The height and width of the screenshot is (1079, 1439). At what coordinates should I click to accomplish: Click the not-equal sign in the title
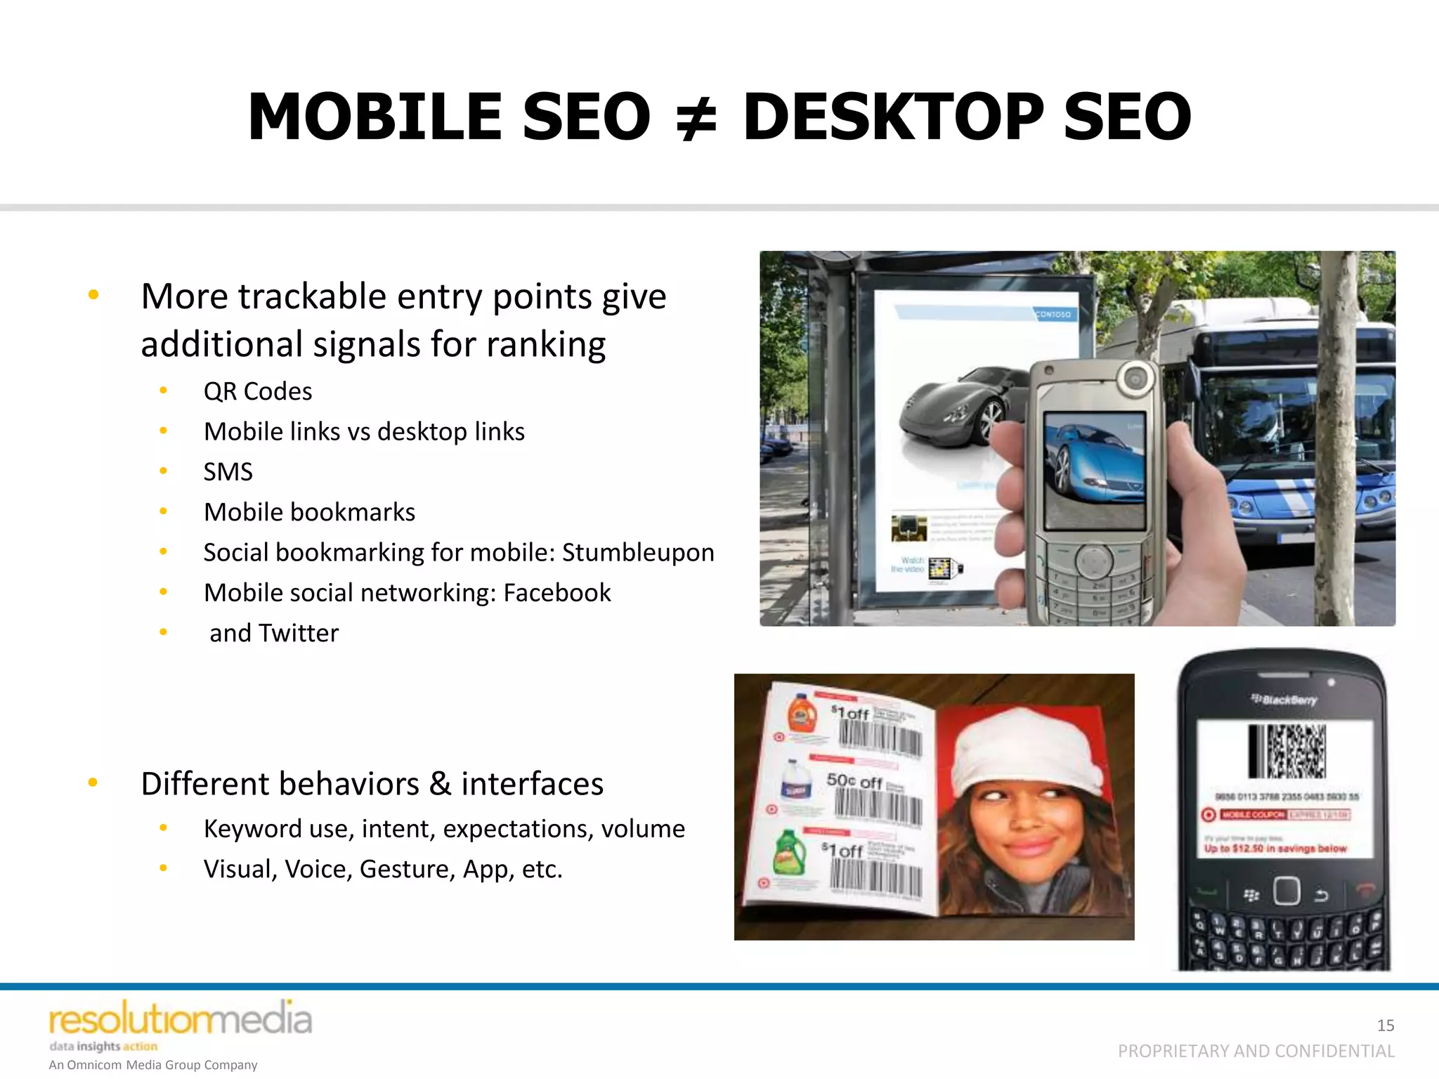click(x=696, y=118)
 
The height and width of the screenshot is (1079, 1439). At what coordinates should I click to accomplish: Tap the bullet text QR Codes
click(x=257, y=391)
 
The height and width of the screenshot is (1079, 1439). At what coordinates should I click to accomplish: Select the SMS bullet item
click(x=228, y=471)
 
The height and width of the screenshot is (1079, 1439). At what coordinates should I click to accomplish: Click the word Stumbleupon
click(x=638, y=552)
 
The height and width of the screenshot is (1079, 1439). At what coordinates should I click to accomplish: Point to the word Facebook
click(x=556, y=593)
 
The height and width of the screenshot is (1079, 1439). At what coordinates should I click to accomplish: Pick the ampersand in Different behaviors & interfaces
click(x=441, y=783)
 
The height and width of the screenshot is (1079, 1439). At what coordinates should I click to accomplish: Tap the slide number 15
click(x=1385, y=1025)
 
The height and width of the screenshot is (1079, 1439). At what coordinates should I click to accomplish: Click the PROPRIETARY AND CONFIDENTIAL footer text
click(x=1256, y=1051)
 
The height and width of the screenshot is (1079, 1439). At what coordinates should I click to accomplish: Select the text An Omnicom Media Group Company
click(x=152, y=1065)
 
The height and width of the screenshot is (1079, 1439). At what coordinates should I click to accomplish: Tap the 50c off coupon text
click(x=854, y=780)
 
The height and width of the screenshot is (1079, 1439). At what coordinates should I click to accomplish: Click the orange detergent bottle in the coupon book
click(x=800, y=713)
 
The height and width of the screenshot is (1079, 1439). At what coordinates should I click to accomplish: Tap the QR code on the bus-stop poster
click(x=940, y=568)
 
